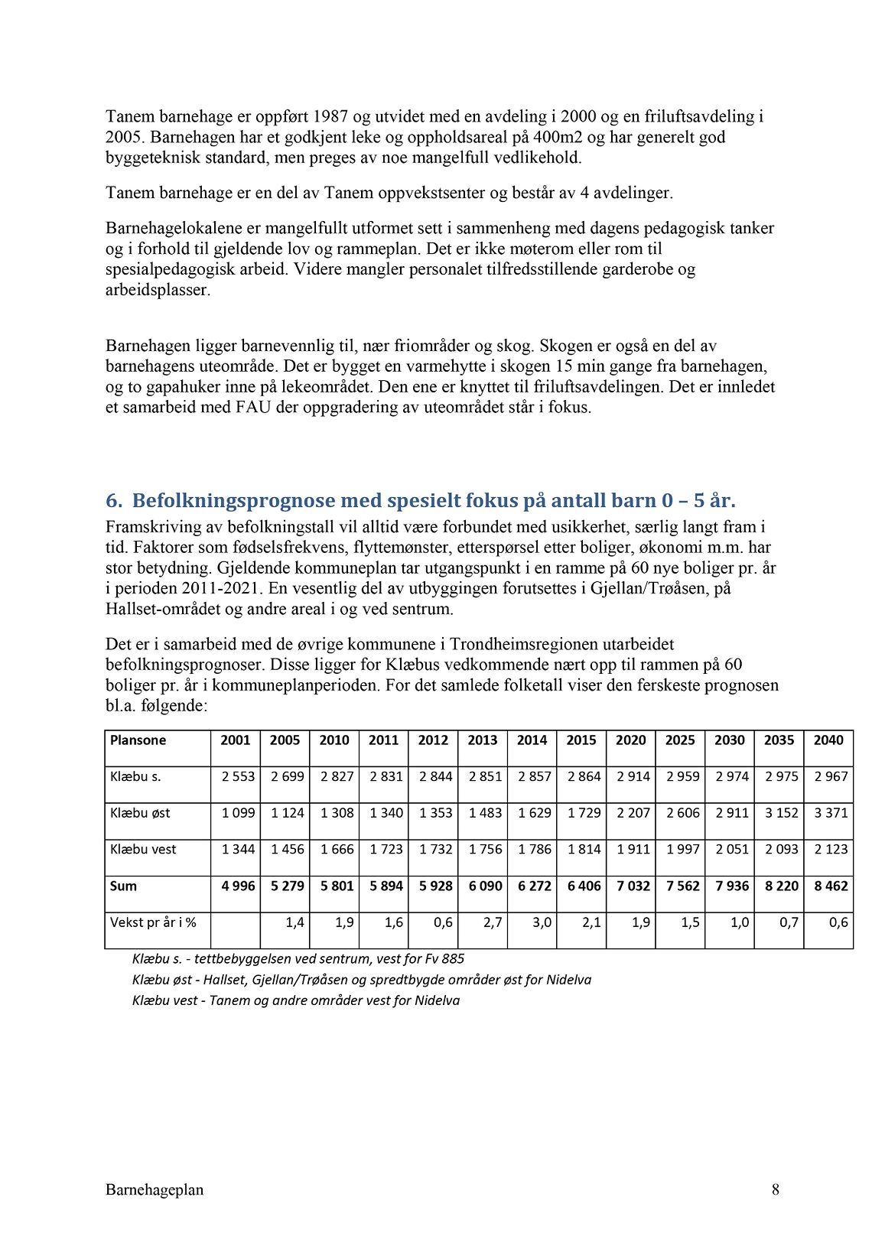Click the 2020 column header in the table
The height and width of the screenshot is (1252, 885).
pos(630,740)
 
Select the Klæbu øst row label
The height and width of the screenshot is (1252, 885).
pos(140,813)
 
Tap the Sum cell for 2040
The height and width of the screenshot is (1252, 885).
pos(831,886)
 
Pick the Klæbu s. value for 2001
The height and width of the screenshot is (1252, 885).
pos(238,777)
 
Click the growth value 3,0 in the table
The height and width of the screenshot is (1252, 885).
pos(542,923)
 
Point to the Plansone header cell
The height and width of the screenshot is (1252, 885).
pos(138,740)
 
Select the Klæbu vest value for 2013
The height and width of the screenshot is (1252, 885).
pos(485,850)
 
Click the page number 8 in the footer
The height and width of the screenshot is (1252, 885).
pos(776,1190)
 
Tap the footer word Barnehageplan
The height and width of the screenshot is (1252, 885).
pos(155,1190)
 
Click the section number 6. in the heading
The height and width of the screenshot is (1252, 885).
pos(114,501)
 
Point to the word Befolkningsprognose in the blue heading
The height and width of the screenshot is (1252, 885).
pos(233,501)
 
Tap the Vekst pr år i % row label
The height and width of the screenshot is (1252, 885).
pos(153,923)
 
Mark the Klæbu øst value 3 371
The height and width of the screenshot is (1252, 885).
pos(831,813)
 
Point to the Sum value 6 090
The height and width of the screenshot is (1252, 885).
pos(485,886)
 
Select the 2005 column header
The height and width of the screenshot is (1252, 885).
pos(285,740)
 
